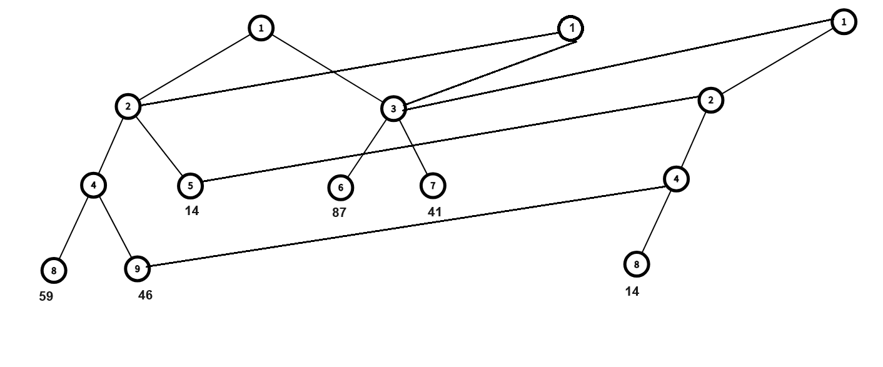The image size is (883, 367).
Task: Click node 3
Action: tap(393, 109)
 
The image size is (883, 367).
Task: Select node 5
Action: tap(190, 185)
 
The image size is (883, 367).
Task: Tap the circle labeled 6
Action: tap(340, 187)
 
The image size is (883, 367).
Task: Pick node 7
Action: tap(433, 185)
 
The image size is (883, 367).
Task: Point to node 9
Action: tap(137, 269)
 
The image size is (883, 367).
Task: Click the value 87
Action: tap(339, 213)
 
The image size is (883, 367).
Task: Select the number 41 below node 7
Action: tap(435, 212)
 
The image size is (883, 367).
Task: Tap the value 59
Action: tap(46, 296)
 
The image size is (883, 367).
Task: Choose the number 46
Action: tap(145, 295)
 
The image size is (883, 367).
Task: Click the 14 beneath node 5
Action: tap(192, 211)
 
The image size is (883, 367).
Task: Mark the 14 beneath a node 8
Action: tap(632, 291)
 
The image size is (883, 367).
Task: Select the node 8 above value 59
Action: tap(54, 271)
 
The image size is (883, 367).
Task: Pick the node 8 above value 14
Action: tap(637, 264)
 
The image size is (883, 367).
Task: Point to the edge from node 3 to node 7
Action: tap(413, 147)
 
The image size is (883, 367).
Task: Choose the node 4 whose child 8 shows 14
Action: tap(676, 179)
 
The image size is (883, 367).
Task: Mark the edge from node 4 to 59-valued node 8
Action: tap(74, 228)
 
